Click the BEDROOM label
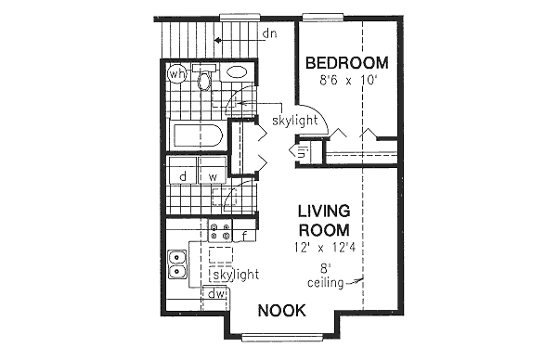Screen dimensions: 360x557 point(346,63)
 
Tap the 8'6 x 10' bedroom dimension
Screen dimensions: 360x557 point(346,81)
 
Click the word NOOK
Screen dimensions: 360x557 point(282,311)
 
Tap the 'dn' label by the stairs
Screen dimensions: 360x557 point(270,34)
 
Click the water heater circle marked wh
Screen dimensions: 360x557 point(175,72)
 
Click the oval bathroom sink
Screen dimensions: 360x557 point(237,71)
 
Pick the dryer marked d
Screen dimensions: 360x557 point(183,175)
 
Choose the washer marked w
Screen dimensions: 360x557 point(212,175)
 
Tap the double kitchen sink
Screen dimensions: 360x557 point(177,264)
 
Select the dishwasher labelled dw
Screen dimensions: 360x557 point(215,295)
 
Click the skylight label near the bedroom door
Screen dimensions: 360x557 point(294,121)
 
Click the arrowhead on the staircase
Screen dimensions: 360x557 point(216,40)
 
